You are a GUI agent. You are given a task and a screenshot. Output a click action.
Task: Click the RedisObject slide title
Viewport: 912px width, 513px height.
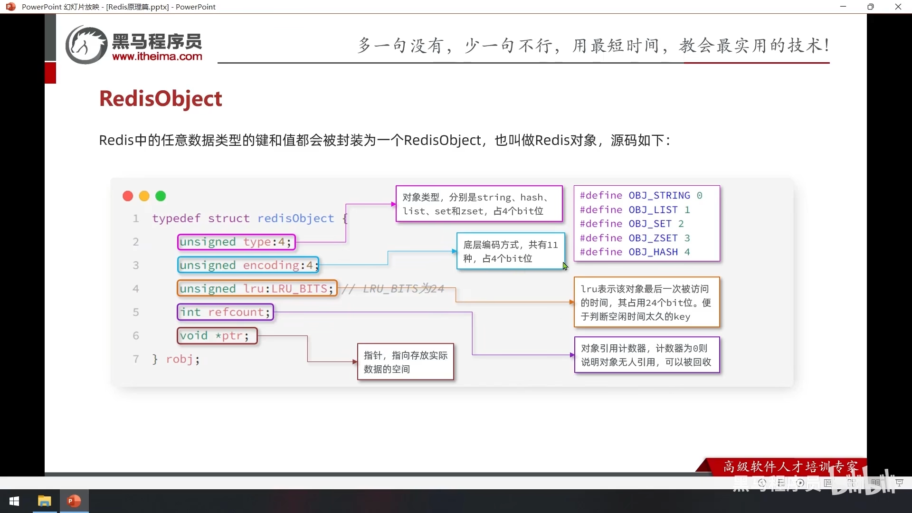161,99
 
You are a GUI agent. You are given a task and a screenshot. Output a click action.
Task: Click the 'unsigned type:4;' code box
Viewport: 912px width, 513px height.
236,242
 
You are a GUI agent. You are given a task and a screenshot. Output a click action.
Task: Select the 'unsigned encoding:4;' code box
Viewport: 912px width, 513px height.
247,265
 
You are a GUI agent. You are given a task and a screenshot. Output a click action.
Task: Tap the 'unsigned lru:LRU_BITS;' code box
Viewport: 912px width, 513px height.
257,288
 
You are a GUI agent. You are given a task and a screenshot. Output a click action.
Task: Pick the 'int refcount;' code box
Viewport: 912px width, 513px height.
225,312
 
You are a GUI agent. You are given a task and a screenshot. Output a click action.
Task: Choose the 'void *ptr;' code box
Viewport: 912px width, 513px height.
217,335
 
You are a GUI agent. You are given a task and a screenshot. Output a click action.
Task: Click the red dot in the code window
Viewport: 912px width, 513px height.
128,196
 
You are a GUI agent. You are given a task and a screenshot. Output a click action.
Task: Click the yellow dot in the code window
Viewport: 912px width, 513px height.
144,196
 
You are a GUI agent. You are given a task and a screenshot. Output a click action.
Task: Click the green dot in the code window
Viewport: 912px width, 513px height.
161,196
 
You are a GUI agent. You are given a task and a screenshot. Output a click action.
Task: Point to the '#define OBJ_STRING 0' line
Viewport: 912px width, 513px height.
641,196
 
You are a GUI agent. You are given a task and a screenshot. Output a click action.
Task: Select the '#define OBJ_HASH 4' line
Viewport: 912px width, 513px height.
635,252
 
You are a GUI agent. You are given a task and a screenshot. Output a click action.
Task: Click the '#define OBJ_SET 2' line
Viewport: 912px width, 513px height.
632,224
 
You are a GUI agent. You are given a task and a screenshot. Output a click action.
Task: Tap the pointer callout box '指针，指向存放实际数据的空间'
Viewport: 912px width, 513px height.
406,362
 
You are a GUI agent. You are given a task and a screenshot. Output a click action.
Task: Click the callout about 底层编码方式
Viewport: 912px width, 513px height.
511,251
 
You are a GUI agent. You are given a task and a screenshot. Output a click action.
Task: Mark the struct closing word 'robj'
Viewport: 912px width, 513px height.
179,359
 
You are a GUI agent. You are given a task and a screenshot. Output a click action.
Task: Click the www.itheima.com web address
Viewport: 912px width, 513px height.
157,57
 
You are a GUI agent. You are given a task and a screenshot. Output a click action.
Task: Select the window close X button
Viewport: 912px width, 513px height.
898,7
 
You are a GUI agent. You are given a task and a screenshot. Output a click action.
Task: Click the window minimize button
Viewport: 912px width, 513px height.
843,7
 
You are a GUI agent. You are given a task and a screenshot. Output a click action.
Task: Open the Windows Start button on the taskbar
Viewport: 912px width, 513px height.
14,501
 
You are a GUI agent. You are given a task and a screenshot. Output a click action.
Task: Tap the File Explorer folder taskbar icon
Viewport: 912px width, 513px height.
45,501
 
